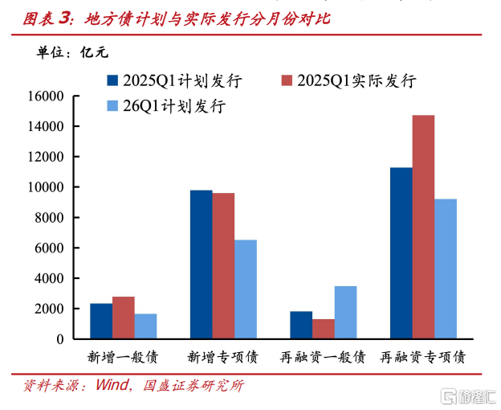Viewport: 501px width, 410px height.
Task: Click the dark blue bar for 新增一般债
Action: (101, 321)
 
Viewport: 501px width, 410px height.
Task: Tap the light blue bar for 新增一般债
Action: (145, 326)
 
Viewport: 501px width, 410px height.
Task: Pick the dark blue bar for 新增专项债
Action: (201, 264)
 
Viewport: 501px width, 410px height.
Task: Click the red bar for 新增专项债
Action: (223, 266)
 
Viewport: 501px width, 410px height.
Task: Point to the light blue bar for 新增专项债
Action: (246, 289)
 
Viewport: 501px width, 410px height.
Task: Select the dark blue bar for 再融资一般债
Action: (301, 325)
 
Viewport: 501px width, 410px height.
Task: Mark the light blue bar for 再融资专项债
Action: (446, 269)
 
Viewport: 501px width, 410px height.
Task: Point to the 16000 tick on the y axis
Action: (47, 96)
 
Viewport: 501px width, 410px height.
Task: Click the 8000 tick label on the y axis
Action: (51, 218)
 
